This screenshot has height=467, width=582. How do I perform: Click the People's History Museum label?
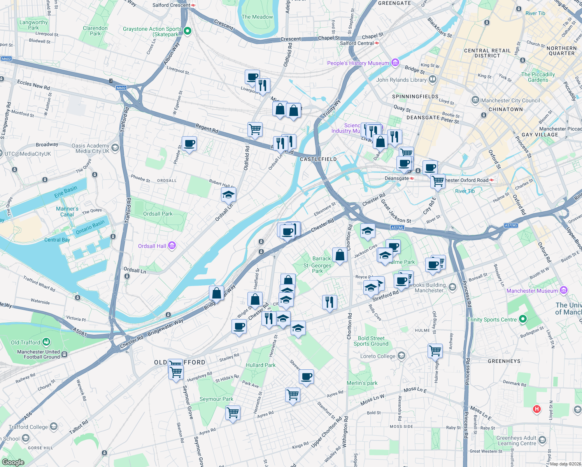pyautogui.click(x=358, y=63)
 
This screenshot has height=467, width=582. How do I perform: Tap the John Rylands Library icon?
pyautogui.click(x=432, y=80)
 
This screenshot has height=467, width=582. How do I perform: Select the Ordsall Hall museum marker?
pyautogui.click(x=172, y=246)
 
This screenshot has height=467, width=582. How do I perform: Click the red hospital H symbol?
pyautogui.click(x=537, y=409)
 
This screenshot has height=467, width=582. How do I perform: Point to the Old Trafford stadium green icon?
pyautogui.click(x=46, y=342)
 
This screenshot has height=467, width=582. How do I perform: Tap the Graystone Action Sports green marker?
pyautogui.click(x=187, y=31)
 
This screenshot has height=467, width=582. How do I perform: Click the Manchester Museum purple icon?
pyautogui.click(x=564, y=290)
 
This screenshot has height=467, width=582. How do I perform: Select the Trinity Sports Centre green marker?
pyautogui.click(x=523, y=320)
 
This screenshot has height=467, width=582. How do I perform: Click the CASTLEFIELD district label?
pyautogui.click(x=318, y=159)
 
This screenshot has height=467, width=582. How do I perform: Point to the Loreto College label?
pyautogui.click(x=378, y=356)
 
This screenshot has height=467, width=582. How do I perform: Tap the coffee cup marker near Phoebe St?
pyautogui.click(x=189, y=144)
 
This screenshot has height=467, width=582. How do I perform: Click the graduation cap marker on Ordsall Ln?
pyautogui.click(x=228, y=195)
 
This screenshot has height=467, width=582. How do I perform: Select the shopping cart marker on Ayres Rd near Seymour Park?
pyautogui.click(x=233, y=412)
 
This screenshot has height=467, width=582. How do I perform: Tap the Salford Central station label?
pyautogui.click(x=357, y=43)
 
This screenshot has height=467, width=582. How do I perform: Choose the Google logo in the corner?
pyautogui.click(x=13, y=462)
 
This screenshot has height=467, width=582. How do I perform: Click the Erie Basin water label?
pyautogui.click(x=66, y=191)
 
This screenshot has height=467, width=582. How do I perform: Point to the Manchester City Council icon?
pyautogui.click(x=475, y=100)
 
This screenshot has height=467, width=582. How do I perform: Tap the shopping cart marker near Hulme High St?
pyautogui.click(x=435, y=350)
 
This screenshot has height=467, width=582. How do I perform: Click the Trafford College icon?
pyautogui.click(x=54, y=427)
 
